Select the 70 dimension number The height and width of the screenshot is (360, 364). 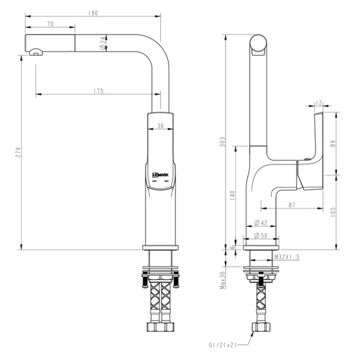click(x=49, y=24)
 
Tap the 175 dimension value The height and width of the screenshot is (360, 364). click(x=98, y=90)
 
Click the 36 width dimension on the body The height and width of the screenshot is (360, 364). click(x=160, y=126)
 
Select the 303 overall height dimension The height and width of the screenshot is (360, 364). click(x=223, y=142)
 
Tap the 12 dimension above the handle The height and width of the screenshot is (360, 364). click(x=320, y=103)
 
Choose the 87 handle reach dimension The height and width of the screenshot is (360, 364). click(x=292, y=205)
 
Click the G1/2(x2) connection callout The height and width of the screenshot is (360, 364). click(x=222, y=345)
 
